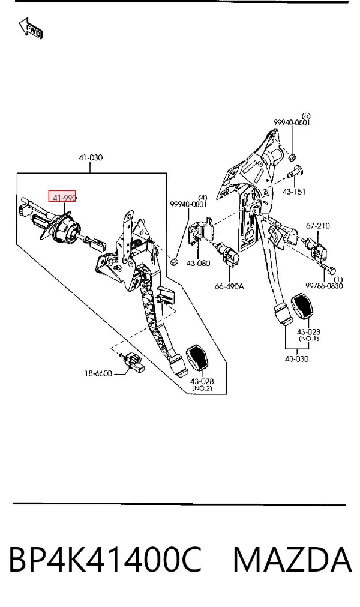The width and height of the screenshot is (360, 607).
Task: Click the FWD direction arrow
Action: click(x=31, y=28)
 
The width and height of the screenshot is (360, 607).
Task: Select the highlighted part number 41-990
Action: click(x=64, y=198)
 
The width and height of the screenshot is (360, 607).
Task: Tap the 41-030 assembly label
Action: click(x=91, y=157)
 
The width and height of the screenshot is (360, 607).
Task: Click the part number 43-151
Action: click(x=293, y=192)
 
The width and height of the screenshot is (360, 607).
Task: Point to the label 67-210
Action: click(x=318, y=225)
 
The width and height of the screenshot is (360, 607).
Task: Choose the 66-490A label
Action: click(x=229, y=286)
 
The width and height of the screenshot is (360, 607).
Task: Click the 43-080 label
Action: click(x=199, y=263)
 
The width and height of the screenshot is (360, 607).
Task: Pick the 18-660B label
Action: click(x=98, y=373)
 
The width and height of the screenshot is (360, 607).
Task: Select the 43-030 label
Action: click(x=296, y=359)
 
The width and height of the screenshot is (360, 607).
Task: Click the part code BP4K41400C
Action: click(x=105, y=560)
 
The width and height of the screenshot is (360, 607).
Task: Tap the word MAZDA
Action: click(x=292, y=560)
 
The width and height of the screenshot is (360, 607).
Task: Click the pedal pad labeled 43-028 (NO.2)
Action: click(x=197, y=358)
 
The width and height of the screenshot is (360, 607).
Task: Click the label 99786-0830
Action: click(x=325, y=286)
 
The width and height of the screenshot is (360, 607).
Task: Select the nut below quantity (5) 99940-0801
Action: click(x=293, y=157)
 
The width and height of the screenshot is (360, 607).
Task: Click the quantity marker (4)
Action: click(x=203, y=198)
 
